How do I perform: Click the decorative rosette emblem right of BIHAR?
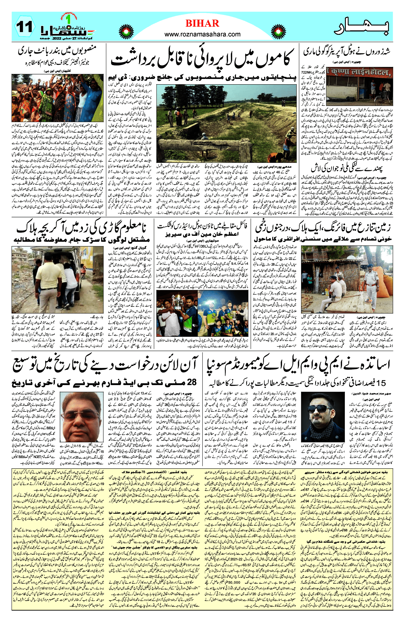click(278, 32)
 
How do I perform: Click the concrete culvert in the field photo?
click(188, 146)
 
